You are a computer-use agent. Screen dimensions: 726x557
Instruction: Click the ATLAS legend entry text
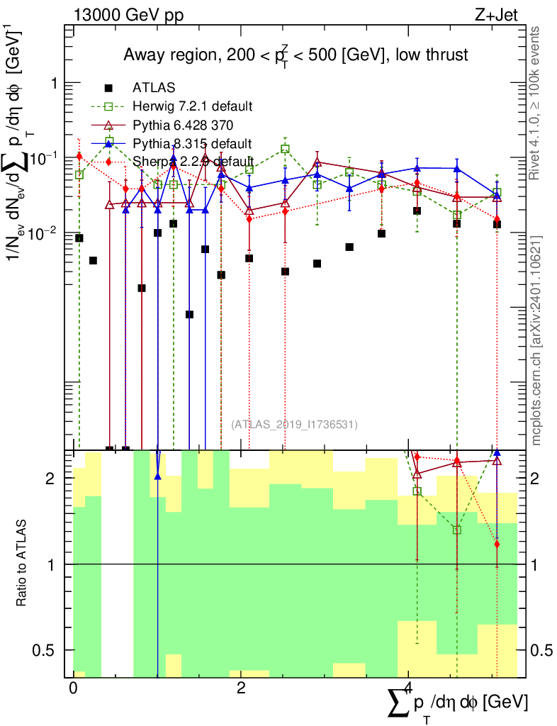pyautogui.click(x=154, y=88)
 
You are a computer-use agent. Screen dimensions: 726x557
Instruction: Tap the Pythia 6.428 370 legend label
pyautogui.click(x=186, y=125)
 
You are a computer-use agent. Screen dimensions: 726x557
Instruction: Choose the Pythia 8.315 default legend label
pyautogui.click(x=192, y=144)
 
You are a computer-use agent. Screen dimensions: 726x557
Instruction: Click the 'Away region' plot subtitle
pyautogui.click(x=296, y=55)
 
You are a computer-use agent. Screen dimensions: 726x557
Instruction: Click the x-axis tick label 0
pyautogui.click(x=73, y=688)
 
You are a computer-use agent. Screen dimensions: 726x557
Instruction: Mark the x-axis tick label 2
pyautogui.click(x=241, y=688)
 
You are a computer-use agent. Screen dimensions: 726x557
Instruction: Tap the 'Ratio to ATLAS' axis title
pyautogui.click(x=23, y=564)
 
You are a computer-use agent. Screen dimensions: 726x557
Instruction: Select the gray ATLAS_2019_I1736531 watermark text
pyautogui.click(x=294, y=425)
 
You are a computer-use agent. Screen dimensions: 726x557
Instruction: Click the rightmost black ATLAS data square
pyautogui.click(x=497, y=225)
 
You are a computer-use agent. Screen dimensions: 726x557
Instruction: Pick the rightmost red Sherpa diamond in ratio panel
pyautogui.click(x=497, y=544)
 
